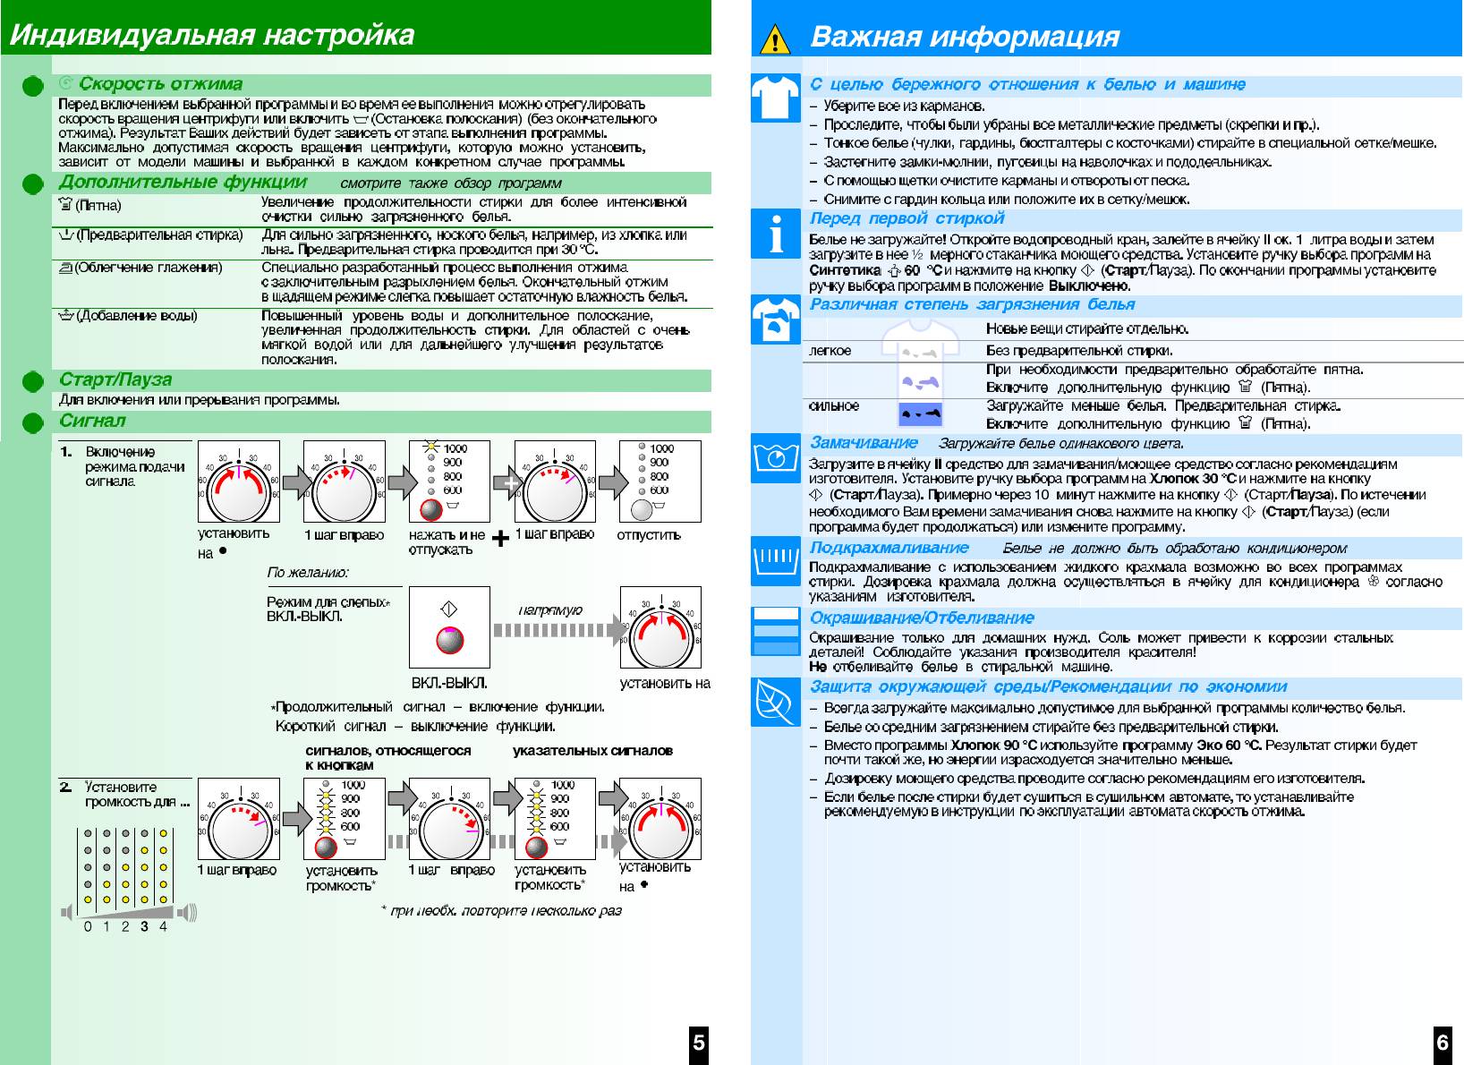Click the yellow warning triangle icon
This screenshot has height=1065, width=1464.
pos(775,39)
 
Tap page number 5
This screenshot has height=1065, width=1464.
pos(699,1042)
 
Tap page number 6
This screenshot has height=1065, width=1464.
pos(1443,1042)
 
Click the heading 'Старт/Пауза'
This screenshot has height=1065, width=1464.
pos(115,379)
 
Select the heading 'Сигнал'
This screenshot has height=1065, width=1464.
pos(92,421)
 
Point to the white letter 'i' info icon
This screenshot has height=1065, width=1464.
pos(775,234)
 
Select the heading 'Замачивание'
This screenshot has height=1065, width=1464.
pos(864,442)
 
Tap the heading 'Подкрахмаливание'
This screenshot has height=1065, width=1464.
pos(889,548)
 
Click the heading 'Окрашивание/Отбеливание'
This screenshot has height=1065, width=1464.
pos(921,618)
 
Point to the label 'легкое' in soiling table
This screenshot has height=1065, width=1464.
pos(830,351)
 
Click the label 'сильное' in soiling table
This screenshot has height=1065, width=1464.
pos(833,406)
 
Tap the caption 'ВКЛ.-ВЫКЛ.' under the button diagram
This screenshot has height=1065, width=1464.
pos(449,683)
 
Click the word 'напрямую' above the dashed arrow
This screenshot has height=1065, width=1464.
pos(550,610)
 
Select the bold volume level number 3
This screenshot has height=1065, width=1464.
pos(144,926)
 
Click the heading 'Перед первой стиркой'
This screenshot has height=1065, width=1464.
pos(906,218)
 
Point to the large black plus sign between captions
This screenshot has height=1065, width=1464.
pos(501,539)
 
